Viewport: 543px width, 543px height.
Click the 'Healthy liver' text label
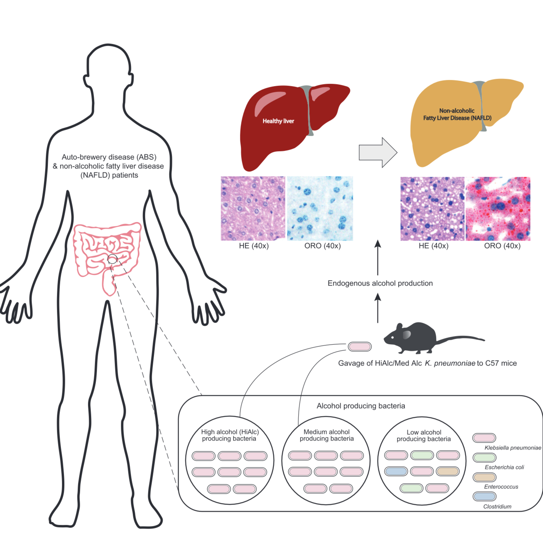(278, 121)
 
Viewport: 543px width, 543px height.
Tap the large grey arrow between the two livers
(378, 153)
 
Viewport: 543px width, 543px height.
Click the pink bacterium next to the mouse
(360, 347)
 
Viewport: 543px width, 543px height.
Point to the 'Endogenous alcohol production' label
(380, 283)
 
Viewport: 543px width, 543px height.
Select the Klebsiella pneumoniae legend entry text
(513, 448)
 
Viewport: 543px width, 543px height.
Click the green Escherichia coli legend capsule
(484, 458)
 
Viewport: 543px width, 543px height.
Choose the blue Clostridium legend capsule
(484, 496)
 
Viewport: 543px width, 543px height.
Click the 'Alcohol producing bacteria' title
(361, 406)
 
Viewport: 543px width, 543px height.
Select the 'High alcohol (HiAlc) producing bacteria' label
(230, 435)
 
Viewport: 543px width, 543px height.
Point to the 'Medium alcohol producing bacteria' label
(327, 435)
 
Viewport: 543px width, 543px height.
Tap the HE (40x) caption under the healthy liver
(254, 246)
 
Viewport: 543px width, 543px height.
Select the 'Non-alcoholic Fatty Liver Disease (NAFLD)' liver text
(457, 114)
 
